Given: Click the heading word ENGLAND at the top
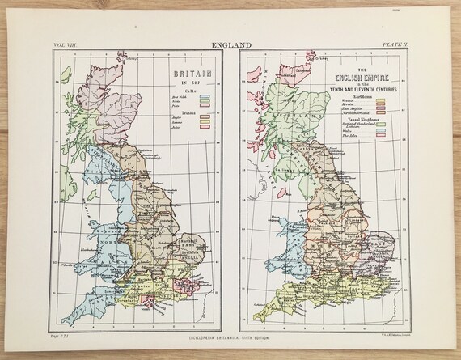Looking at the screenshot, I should click(x=230, y=47).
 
